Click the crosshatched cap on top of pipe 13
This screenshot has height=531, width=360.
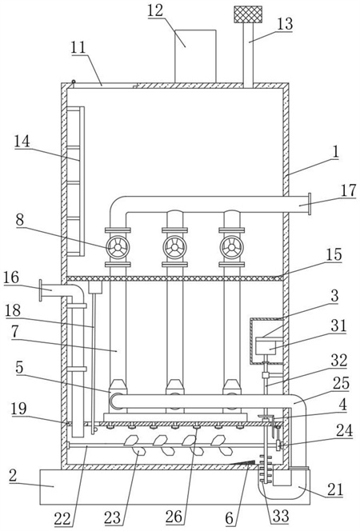[248, 14]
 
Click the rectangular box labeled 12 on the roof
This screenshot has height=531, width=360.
[195, 56]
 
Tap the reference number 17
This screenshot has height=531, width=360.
[349, 190]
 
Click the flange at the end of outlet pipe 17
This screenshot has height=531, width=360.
[310, 204]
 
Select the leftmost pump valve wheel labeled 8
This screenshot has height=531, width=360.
[118, 247]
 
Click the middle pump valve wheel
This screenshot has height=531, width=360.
[174, 247]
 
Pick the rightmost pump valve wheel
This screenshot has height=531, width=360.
[232, 247]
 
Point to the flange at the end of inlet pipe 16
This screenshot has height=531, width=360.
[41, 290]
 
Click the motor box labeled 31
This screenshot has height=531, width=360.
[266, 345]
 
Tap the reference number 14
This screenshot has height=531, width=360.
[22, 142]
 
